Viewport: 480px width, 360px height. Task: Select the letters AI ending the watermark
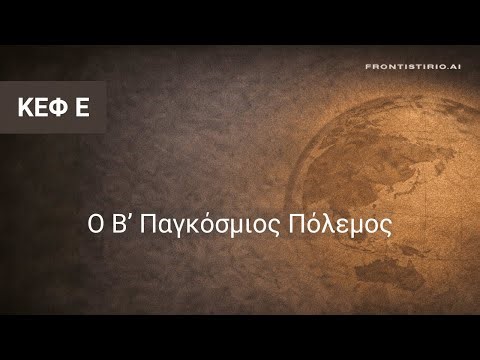click(456, 66)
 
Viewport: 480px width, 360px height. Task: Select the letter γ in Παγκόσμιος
click(174, 224)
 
